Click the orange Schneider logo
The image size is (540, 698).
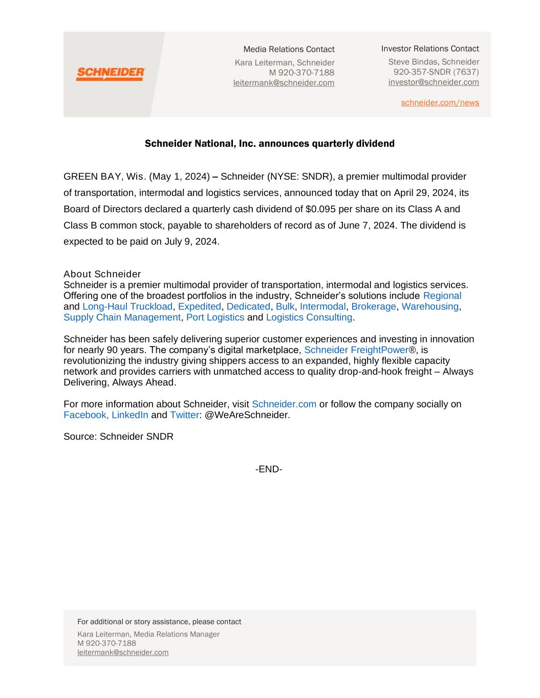[111, 74]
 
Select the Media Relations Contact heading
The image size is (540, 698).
[289, 50]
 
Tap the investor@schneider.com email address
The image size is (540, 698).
[434, 82]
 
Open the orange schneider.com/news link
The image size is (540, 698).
[440, 103]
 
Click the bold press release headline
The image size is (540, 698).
[269, 144]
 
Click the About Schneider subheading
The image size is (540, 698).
[102, 274]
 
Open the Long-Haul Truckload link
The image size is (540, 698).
[127, 306]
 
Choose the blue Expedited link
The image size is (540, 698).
[199, 306]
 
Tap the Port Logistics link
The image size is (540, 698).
[215, 317]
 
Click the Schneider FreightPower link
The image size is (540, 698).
[356, 350]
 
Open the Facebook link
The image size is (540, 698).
[85, 415]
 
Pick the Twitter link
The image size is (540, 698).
[184, 415]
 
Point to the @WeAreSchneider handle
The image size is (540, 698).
[247, 415]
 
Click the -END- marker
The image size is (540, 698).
[269, 469]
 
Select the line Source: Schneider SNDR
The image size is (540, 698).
[118, 437]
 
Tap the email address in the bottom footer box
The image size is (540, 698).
[123, 652]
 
